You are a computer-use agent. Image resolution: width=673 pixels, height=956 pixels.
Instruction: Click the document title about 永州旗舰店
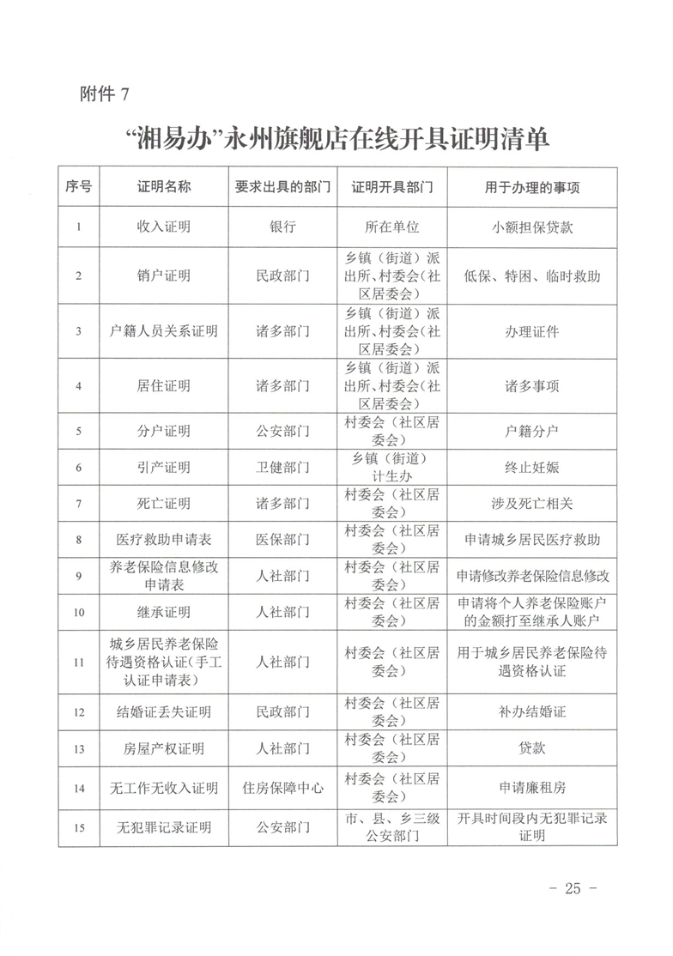point(336,140)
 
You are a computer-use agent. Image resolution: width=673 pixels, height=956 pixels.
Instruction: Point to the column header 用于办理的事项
point(532,187)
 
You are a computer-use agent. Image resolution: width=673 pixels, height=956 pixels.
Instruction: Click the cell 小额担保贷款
point(532,227)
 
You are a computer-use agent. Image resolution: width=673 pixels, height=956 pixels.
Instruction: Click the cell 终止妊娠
point(532,468)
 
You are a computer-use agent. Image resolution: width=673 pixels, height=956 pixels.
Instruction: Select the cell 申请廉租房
point(532,788)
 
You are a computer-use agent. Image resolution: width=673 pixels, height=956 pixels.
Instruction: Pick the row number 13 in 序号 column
point(79,749)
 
